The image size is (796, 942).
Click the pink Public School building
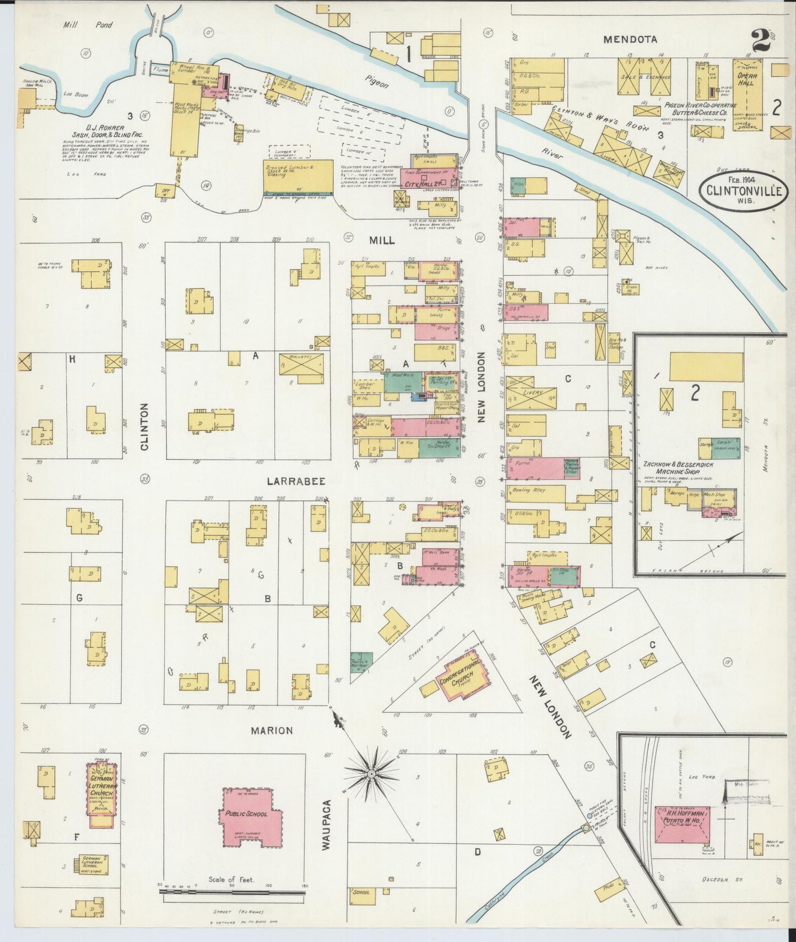(246, 814)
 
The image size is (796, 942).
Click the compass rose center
(372, 775)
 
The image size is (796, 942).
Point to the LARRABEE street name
(296, 481)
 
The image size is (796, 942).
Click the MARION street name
(272, 730)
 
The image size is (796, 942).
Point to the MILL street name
(382, 241)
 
